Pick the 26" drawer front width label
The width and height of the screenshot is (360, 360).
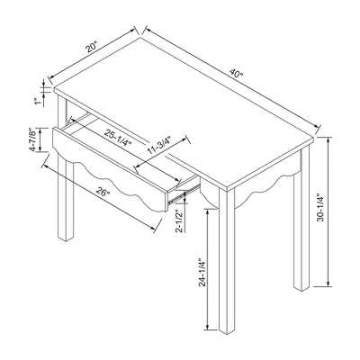click(x=104, y=192)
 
